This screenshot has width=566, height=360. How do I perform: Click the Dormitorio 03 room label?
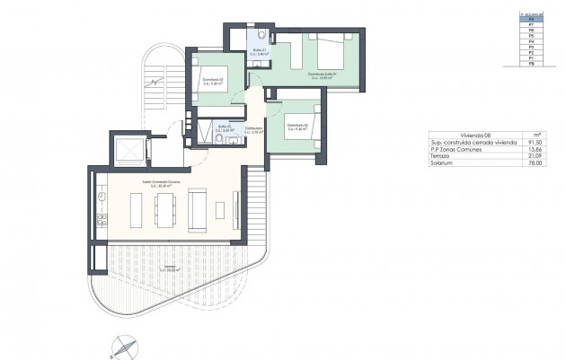(210, 84)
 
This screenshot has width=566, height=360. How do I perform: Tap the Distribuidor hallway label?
(253, 130)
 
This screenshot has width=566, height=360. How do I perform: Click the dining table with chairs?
(164, 209)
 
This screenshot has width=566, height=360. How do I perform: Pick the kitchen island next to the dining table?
(137, 209)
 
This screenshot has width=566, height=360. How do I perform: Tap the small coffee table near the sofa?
(220, 208)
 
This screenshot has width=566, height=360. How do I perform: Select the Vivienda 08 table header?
(450, 136)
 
